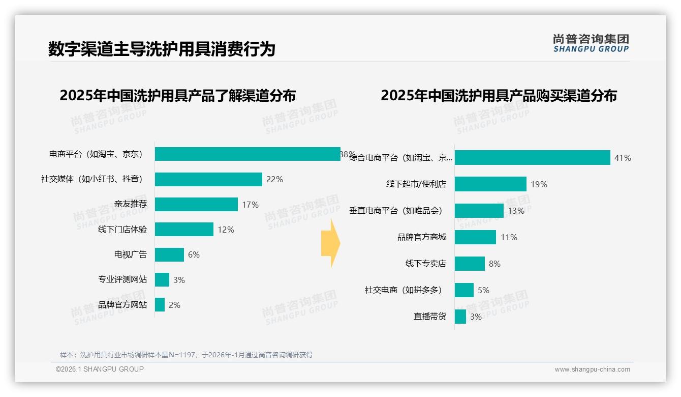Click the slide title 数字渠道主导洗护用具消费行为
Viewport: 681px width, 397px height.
(x=162, y=49)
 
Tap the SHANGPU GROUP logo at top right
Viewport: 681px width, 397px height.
(x=591, y=43)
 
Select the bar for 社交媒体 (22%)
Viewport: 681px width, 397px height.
(x=208, y=179)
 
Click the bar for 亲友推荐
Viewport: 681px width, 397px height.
(x=196, y=204)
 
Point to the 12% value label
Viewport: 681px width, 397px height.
(x=226, y=230)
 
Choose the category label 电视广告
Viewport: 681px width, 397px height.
(x=131, y=254)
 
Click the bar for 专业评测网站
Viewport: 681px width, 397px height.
(x=162, y=279)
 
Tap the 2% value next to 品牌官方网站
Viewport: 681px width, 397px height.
(x=174, y=305)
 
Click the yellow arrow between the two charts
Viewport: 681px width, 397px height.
(x=330, y=244)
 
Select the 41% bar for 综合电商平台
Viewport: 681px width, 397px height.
(x=532, y=158)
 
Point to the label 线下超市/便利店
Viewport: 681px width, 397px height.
(x=416, y=184)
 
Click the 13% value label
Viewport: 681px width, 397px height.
(x=516, y=211)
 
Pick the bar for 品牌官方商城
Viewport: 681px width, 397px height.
(x=475, y=237)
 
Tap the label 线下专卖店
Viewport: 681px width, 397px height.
(x=425, y=264)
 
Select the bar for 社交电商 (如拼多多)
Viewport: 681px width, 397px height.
(x=464, y=290)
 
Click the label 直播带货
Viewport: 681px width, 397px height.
(x=429, y=317)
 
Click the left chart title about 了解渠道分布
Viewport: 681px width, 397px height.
(x=177, y=96)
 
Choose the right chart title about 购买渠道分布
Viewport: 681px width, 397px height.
(x=499, y=96)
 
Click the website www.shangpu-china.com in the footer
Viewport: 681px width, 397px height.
(x=592, y=370)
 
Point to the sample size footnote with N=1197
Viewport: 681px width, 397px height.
(x=186, y=355)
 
